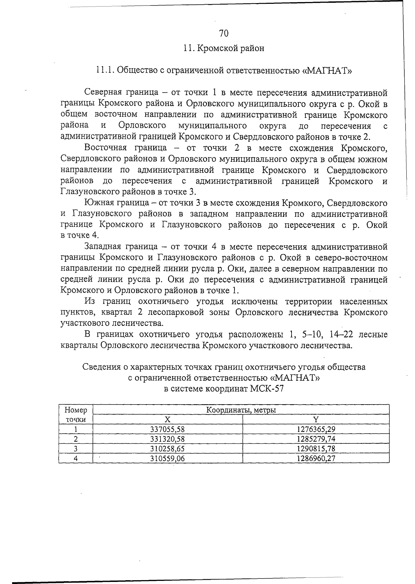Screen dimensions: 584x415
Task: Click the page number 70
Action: tap(224, 33)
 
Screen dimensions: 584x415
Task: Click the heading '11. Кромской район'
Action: tap(224, 48)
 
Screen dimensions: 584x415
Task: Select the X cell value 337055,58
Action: tap(168, 430)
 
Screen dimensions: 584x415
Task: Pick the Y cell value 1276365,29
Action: tap(316, 430)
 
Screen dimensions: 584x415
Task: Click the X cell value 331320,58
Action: tap(168, 439)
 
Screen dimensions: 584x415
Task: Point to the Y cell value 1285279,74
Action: tap(316, 439)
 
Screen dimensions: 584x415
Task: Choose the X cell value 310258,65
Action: tap(168, 449)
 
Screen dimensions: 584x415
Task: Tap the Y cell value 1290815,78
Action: tap(316, 449)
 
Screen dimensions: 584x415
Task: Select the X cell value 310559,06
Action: tap(168, 459)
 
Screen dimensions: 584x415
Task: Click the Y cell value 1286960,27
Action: tap(316, 459)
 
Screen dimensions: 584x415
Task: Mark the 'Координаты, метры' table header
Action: tap(241, 410)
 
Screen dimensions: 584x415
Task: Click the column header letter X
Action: tap(168, 419)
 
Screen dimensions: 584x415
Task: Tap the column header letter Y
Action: tap(316, 419)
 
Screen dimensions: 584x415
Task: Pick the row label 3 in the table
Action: tap(76, 449)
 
